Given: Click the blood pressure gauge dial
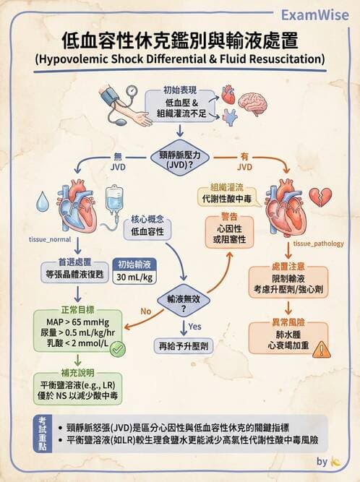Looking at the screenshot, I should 133,92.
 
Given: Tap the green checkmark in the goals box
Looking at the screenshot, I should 117,348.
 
